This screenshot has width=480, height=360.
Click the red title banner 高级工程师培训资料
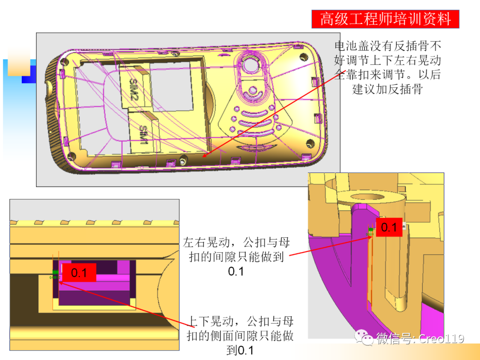pyautogui.click(x=385, y=19)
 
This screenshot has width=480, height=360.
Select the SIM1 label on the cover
pyautogui.click(x=143, y=133)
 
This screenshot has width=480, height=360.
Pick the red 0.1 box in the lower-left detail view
pyautogui.click(x=79, y=272)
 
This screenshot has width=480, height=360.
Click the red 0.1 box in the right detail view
pyautogui.click(x=389, y=228)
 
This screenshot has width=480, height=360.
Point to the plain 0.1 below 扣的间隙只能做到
pyautogui.click(x=236, y=271)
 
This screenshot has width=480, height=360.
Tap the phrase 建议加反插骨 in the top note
pyautogui.click(x=387, y=89)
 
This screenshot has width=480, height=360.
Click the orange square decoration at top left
pyautogui.click(x=19, y=62)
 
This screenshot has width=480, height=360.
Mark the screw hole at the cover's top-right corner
pyautogui.click(x=304, y=57)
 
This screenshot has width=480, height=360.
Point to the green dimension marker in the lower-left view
pyautogui.click(x=55, y=272)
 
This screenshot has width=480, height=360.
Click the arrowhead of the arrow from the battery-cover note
pyautogui.click(x=204, y=156)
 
